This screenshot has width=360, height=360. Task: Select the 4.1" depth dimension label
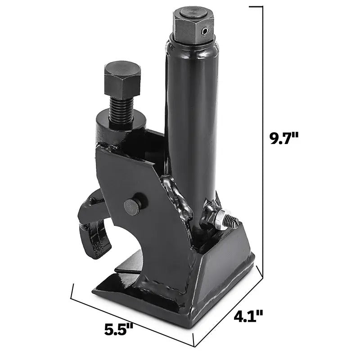tap(248, 317)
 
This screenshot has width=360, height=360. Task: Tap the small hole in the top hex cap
tap(205, 31)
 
